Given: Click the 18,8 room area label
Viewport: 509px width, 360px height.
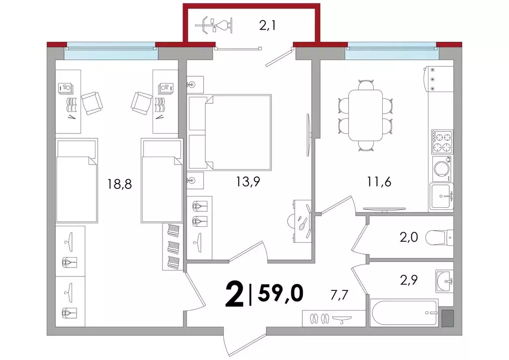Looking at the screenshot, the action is (x=119, y=184).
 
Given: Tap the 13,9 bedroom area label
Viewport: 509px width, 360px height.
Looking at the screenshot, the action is (x=248, y=181).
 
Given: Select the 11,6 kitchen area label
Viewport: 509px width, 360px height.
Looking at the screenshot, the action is (x=379, y=181).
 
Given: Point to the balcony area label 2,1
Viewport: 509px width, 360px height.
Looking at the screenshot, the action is (x=267, y=25).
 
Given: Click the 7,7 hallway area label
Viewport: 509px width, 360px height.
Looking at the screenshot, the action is (x=339, y=295).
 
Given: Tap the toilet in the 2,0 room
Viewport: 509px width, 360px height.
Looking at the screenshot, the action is (x=439, y=238).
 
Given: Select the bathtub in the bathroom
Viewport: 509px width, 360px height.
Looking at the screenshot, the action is (x=404, y=313).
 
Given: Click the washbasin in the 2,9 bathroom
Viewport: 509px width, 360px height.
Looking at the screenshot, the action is (x=444, y=280).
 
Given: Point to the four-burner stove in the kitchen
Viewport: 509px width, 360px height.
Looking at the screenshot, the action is (x=442, y=142).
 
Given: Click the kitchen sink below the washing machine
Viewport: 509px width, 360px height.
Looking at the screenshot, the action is (x=441, y=196).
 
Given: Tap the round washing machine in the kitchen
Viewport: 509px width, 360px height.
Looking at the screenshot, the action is (x=442, y=169).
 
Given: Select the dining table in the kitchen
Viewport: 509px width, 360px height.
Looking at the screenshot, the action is (x=365, y=115).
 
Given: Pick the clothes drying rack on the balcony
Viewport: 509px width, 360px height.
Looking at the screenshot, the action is (x=214, y=25).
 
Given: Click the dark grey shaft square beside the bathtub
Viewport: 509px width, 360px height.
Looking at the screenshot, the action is (x=447, y=318).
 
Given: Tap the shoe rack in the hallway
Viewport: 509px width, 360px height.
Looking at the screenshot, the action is (x=334, y=318).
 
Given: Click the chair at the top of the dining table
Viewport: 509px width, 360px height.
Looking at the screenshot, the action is (x=366, y=85).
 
